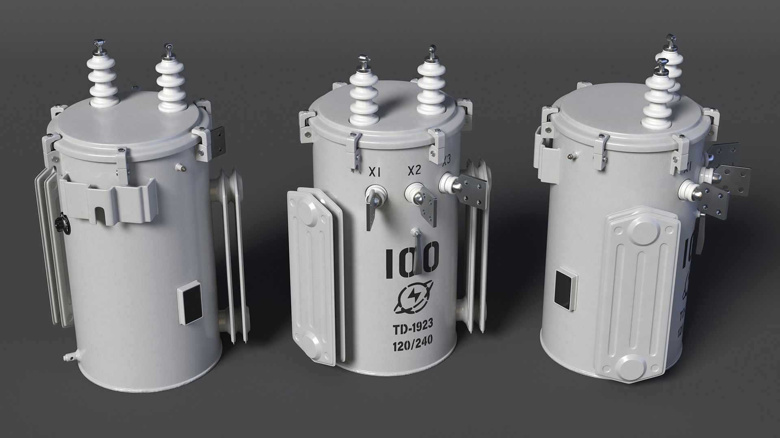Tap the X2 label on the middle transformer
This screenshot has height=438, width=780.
[414, 171]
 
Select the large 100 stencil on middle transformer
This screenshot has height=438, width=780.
[412, 260]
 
